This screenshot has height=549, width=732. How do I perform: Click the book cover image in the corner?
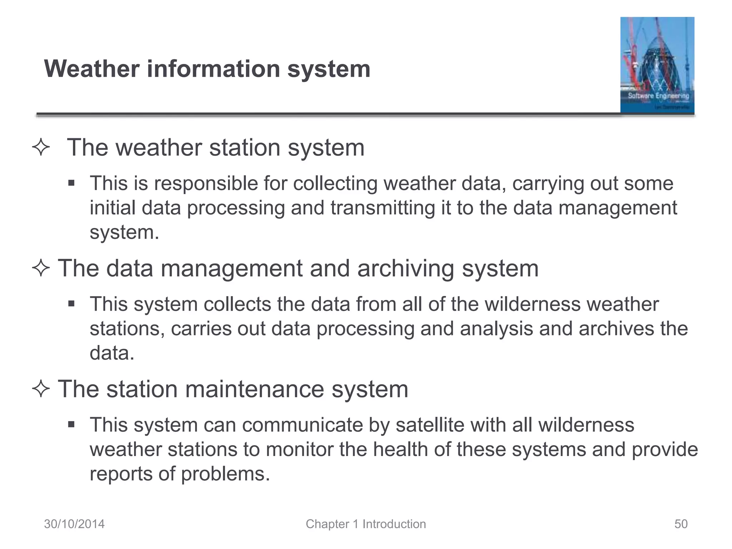pos(657,65)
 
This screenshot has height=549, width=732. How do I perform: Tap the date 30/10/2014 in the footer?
pos(74,524)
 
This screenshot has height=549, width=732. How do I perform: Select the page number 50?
pos(681,524)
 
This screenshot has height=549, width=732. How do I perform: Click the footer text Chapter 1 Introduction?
pos(366,524)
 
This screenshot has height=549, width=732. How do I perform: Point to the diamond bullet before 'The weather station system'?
pos(41,148)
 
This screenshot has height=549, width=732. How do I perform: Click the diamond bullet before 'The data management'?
pos(41,268)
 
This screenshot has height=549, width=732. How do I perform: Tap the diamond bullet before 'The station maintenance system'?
pos(41,389)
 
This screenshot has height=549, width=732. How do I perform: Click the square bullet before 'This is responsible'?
pos(71,184)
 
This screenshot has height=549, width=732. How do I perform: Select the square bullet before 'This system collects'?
pos(71,304)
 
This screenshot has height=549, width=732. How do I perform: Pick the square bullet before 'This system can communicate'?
pos(71,425)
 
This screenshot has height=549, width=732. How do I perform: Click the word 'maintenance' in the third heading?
pos(254,389)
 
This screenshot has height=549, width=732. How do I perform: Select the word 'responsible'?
pos(206,184)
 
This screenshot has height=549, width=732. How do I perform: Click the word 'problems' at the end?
pos(225,474)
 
